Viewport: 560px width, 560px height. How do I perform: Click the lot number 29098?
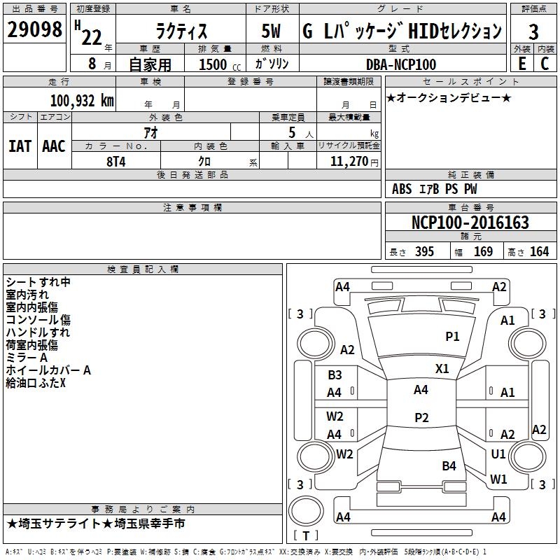pyautogui.click(x=34, y=29)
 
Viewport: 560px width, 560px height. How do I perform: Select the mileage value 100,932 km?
pyautogui.click(x=82, y=100)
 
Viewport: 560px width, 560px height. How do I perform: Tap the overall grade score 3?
pyautogui.click(x=533, y=31)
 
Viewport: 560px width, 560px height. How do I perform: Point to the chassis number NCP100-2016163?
pyautogui.click(x=470, y=222)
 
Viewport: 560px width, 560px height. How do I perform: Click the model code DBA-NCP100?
pyautogui.click(x=401, y=64)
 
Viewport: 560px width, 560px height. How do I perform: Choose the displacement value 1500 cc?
pyautogui.click(x=220, y=64)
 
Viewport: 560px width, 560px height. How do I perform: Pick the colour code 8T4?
pyautogui.click(x=116, y=162)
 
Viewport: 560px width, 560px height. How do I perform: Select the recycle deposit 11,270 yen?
pyautogui.click(x=354, y=162)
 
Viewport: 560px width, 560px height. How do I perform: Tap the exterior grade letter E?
pyautogui.click(x=521, y=64)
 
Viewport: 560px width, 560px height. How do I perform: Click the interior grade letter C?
pyautogui.click(x=545, y=64)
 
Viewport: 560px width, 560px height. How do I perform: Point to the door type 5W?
pyautogui.click(x=271, y=31)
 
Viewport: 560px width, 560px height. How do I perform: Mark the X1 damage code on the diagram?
pyautogui.click(x=442, y=368)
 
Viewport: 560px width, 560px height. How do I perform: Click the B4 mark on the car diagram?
pyautogui.click(x=449, y=465)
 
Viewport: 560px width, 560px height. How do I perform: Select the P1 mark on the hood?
pyautogui.click(x=452, y=336)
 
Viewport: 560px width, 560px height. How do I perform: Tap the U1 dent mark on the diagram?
pyautogui.click(x=498, y=454)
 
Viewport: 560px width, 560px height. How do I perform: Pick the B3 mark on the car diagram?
pyautogui.click(x=335, y=374)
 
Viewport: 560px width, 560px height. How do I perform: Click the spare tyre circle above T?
pyautogui.click(x=306, y=511)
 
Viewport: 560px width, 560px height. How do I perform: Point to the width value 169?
pyautogui.click(x=483, y=251)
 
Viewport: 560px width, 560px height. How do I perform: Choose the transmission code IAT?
pyautogui.click(x=20, y=146)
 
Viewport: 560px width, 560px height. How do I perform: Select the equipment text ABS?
pyautogui.click(x=402, y=189)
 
